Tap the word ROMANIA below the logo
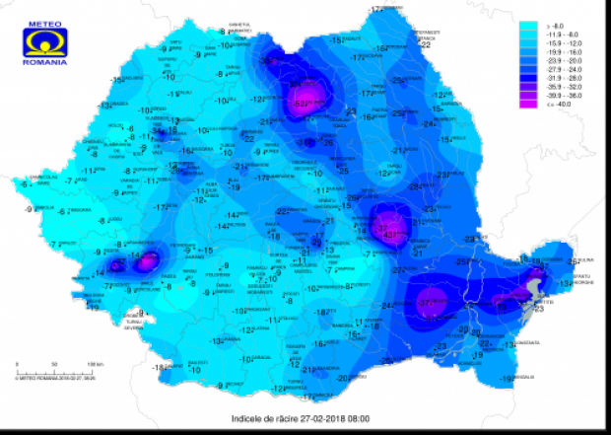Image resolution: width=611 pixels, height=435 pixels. click(46, 62)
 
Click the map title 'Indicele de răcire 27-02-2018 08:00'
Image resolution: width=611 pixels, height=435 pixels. click(305, 419)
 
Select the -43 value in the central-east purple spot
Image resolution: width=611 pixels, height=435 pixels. click(390, 235)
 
